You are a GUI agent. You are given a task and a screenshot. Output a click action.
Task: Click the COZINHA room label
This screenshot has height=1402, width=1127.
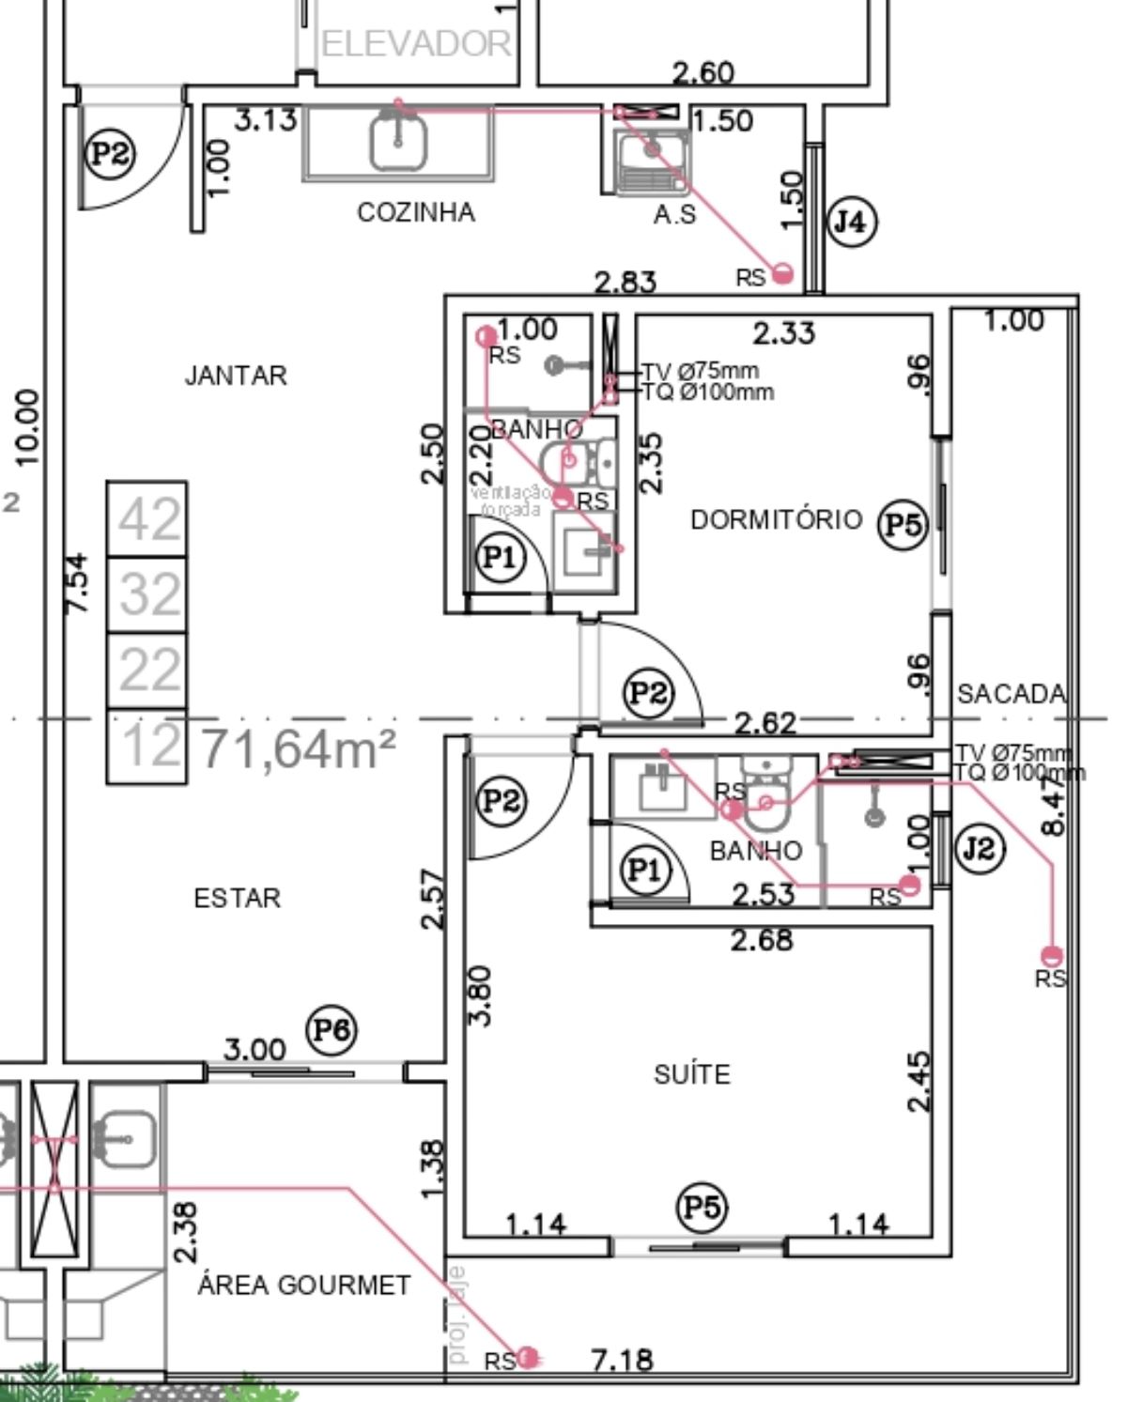click(x=415, y=212)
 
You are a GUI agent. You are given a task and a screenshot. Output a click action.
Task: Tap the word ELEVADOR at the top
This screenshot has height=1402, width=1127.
click(x=416, y=43)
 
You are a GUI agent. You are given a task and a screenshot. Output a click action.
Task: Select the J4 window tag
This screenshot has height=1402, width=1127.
click(x=851, y=222)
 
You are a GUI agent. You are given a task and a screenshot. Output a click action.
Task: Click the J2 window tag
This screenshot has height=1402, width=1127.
click(x=979, y=848)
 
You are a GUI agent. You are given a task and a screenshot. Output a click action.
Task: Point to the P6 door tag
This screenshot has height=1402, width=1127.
click(x=332, y=1030)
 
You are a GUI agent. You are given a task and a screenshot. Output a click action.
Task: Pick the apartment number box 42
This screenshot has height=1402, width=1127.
click(x=147, y=519)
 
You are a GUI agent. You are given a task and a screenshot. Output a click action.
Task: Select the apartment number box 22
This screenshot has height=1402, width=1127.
click(x=147, y=670)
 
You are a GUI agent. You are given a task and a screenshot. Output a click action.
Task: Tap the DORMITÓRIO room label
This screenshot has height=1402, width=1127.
click(x=776, y=519)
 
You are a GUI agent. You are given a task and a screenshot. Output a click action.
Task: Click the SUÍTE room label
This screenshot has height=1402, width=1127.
click(x=691, y=1073)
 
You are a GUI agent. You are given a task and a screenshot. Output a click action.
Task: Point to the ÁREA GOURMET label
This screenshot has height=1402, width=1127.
click(x=303, y=1285)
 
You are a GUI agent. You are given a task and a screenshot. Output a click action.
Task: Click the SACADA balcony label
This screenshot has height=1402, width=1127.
click(x=1011, y=693)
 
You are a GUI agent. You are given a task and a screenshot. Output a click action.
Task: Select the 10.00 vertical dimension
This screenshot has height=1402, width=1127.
click(x=28, y=427)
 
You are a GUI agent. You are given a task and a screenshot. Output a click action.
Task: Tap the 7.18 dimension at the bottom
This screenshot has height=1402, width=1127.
click(x=622, y=1359)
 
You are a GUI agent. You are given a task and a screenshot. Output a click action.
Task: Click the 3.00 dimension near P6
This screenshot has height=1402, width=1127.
click(x=255, y=1048)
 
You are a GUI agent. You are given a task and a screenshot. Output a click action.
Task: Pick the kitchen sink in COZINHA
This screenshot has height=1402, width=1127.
click(x=398, y=141)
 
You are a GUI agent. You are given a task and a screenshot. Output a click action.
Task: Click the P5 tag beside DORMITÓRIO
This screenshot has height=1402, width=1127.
click(x=903, y=524)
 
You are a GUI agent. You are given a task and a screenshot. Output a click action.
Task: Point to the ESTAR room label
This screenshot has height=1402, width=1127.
click(x=237, y=898)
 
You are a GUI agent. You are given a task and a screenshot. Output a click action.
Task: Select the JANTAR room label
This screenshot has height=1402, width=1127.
click(x=235, y=376)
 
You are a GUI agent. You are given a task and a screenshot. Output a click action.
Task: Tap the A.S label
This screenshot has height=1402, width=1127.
click(x=674, y=215)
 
